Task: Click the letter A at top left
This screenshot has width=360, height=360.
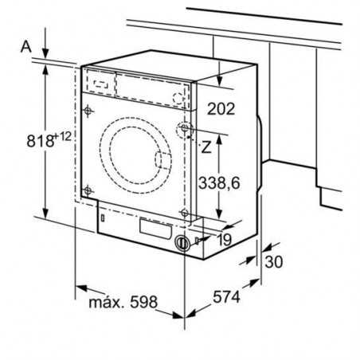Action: (x=25, y=47)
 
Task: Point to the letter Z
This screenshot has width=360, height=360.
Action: (x=206, y=147)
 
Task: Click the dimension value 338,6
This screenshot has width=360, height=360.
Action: (x=220, y=182)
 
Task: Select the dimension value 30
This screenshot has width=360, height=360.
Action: (x=275, y=262)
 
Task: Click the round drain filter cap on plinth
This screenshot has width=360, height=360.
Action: (x=183, y=244)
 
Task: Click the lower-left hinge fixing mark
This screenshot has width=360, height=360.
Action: (x=88, y=190)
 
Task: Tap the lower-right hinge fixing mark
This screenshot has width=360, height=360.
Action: (x=185, y=213)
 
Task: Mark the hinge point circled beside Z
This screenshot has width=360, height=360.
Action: (x=186, y=130)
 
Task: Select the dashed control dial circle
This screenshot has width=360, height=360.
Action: (x=182, y=96)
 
